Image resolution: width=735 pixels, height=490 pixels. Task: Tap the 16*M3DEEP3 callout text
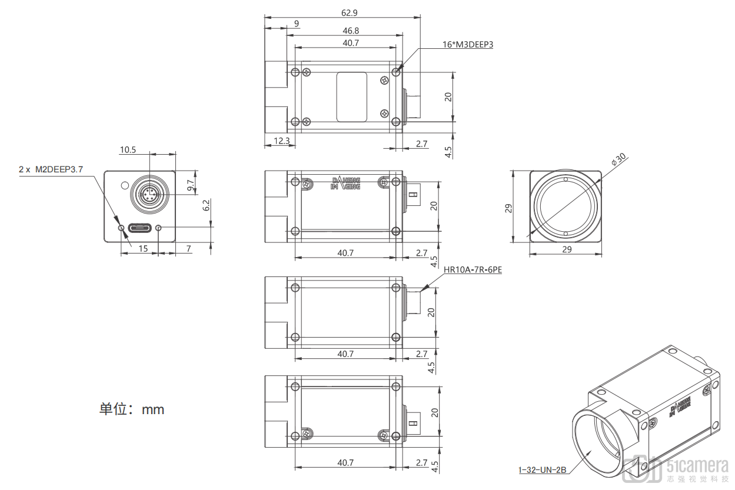coord(467,44)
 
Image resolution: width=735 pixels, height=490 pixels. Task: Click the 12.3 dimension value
coord(282,141)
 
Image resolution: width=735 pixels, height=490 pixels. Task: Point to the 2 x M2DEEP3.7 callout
coord(51,169)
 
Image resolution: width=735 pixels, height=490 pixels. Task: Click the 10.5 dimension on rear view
coord(128,150)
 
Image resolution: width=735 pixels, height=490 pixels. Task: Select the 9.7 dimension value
coord(191,186)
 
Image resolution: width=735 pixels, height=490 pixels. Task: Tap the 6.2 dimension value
coord(206,205)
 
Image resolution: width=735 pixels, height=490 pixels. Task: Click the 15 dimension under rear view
coord(143,249)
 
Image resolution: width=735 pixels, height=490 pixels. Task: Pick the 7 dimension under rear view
coord(188,249)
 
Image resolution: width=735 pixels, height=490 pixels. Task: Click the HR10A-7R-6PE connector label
coord(473,270)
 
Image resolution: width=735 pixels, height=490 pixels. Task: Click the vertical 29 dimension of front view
coord(508,208)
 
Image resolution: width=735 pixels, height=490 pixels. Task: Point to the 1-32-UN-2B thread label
coord(542,470)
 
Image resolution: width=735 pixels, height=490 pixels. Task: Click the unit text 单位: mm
coord(132,409)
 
